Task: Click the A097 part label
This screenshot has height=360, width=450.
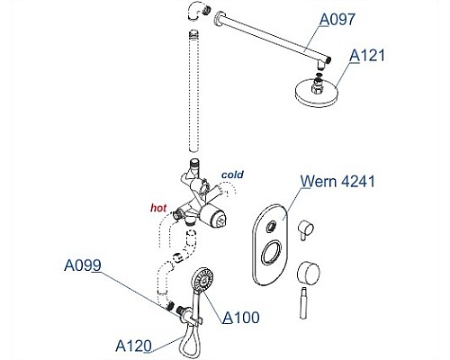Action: (x=337, y=20)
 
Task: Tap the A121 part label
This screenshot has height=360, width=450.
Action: (x=367, y=56)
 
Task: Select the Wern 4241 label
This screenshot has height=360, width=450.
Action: (x=337, y=181)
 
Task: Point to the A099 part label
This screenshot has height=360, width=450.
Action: (x=83, y=265)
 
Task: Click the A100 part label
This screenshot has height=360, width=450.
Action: (x=241, y=318)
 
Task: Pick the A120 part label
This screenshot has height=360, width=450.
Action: (x=133, y=346)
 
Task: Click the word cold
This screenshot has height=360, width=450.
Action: (x=232, y=175)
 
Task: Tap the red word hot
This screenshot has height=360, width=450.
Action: (x=158, y=208)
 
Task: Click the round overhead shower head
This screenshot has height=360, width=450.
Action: (x=317, y=91)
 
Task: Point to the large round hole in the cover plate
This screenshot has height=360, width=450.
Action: (x=272, y=253)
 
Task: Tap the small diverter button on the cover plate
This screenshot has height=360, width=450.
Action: (x=272, y=226)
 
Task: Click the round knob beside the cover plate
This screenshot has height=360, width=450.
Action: (x=308, y=273)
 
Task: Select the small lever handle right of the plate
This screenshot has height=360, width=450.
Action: (x=305, y=229)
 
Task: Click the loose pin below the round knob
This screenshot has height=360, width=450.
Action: (x=303, y=303)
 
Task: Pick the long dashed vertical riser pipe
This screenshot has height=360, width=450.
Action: (x=194, y=91)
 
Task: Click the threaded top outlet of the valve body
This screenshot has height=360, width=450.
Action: (x=195, y=165)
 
